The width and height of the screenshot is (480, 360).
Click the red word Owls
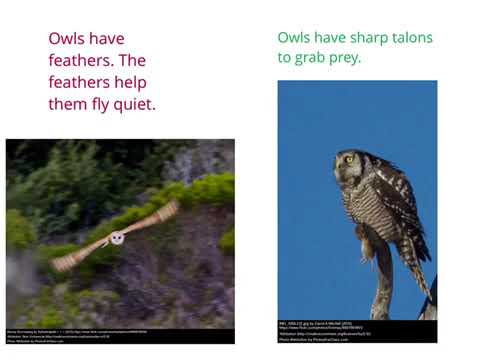[x=70, y=39]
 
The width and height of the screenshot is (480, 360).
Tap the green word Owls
[x=297, y=38]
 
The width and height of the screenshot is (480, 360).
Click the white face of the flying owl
[x=117, y=238]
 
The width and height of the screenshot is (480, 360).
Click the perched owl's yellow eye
[x=349, y=158]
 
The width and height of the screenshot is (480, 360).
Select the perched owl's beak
[x=344, y=165]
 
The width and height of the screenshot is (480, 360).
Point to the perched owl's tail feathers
[x=421, y=275]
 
